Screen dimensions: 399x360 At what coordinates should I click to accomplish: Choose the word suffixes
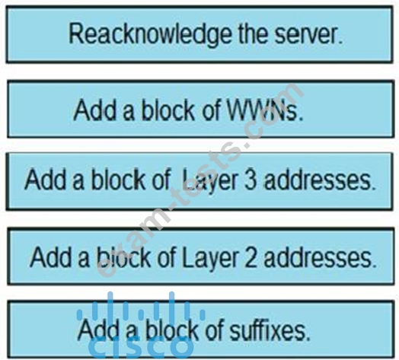point(270,330)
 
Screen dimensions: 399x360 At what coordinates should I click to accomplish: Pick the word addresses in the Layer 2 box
point(320,257)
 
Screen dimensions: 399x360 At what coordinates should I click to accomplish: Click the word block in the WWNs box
point(168,110)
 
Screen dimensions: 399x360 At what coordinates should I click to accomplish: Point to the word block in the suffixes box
point(172,330)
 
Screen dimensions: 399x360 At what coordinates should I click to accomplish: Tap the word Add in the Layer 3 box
point(46,180)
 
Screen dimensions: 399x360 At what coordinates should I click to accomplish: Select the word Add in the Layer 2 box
point(51,257)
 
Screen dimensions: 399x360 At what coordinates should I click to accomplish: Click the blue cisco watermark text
point(141,346)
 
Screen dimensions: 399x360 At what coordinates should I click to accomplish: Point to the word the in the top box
point(253,34)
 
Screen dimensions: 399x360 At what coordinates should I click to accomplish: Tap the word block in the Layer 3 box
point(119,180)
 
